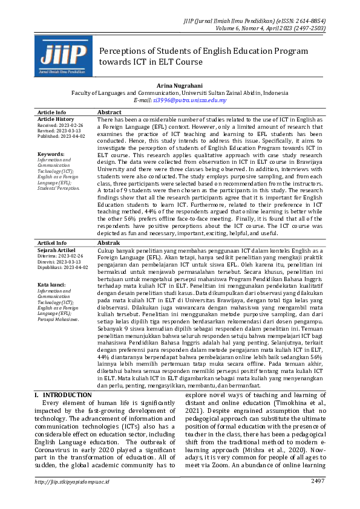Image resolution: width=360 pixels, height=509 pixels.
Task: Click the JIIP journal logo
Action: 63,55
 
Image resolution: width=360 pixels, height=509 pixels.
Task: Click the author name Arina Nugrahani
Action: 180,86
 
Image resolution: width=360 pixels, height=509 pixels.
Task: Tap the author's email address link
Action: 190,100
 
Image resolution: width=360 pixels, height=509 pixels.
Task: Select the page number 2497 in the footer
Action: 318,498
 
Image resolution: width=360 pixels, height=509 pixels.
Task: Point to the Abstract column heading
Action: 110,112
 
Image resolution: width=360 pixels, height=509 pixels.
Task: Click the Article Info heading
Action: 52,112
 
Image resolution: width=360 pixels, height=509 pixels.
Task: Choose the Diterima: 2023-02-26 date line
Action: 59,256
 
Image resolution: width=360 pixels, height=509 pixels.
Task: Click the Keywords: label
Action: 51,154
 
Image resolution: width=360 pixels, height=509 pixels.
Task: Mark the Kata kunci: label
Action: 52,285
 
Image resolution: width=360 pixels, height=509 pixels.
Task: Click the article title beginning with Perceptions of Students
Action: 203,56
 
